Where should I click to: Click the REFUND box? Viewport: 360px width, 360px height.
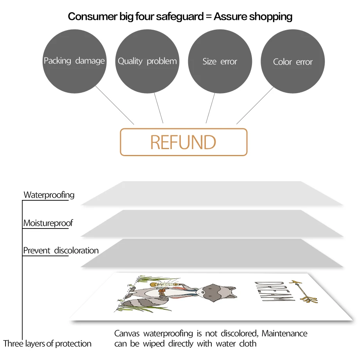click(x=184, y=142)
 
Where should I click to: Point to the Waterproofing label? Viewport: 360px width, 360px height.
click(x=49, y=195)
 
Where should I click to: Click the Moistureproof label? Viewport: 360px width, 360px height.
click(x=48, y=223)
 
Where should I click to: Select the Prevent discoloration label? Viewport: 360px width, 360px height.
click(x=61, y=250)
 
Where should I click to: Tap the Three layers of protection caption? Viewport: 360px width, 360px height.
click(x=47, y=344)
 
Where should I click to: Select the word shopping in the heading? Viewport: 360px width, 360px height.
click(x=271, y=16)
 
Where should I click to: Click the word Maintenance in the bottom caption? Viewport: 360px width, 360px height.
click(x=284, y=333)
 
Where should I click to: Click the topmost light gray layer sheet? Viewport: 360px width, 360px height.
click(x=211, y=193)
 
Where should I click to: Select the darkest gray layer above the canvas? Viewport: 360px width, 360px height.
click(x=211, y=252)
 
